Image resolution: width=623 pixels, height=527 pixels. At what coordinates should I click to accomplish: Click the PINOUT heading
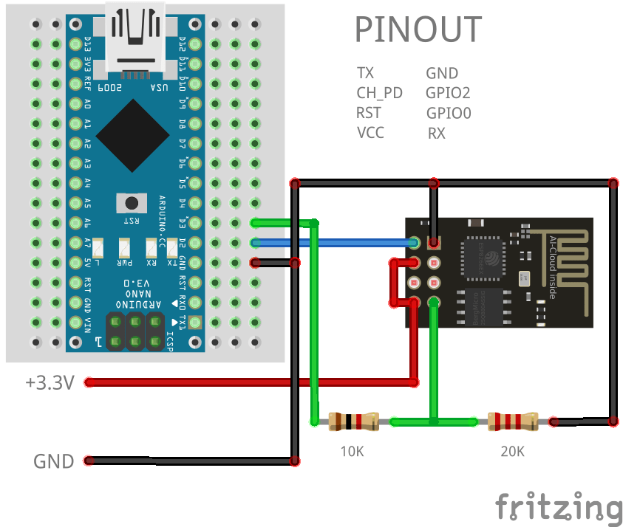[x=418, y=30]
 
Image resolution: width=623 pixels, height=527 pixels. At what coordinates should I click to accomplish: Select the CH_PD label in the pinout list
[x=379, y=93]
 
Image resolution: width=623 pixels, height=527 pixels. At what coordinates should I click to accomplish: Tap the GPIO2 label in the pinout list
[x=448, y=93]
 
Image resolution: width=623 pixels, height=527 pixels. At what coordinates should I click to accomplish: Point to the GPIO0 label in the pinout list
[x=448, y=113]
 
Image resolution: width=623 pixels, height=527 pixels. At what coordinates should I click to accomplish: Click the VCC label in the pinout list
[x=370, y=133]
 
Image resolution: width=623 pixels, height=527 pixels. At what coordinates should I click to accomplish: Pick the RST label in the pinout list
[x=369, y=113]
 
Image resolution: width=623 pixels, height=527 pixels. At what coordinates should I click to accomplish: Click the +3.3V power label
[x=50, y=382]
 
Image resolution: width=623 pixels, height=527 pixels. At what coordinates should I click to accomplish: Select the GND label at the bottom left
[x=53, y=461]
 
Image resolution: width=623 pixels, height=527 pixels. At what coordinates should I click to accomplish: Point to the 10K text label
[x=353, y=451]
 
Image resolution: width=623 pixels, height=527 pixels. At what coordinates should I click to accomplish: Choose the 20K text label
[x=512, y=451]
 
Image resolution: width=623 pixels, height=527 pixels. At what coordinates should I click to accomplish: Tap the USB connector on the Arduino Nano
[x=133, y=37]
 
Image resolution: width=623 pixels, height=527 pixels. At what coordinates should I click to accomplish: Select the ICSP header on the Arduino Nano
[x=136, y=331]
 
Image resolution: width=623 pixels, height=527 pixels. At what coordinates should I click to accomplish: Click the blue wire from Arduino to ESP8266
[x=333, y=242]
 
